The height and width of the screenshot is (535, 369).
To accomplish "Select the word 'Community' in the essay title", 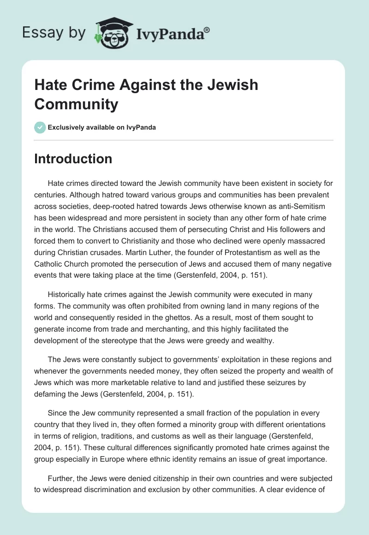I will pos(76,104).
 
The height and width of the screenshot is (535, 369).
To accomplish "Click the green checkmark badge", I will pos(40,127).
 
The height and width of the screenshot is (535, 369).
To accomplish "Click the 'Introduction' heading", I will pos(73,159).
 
